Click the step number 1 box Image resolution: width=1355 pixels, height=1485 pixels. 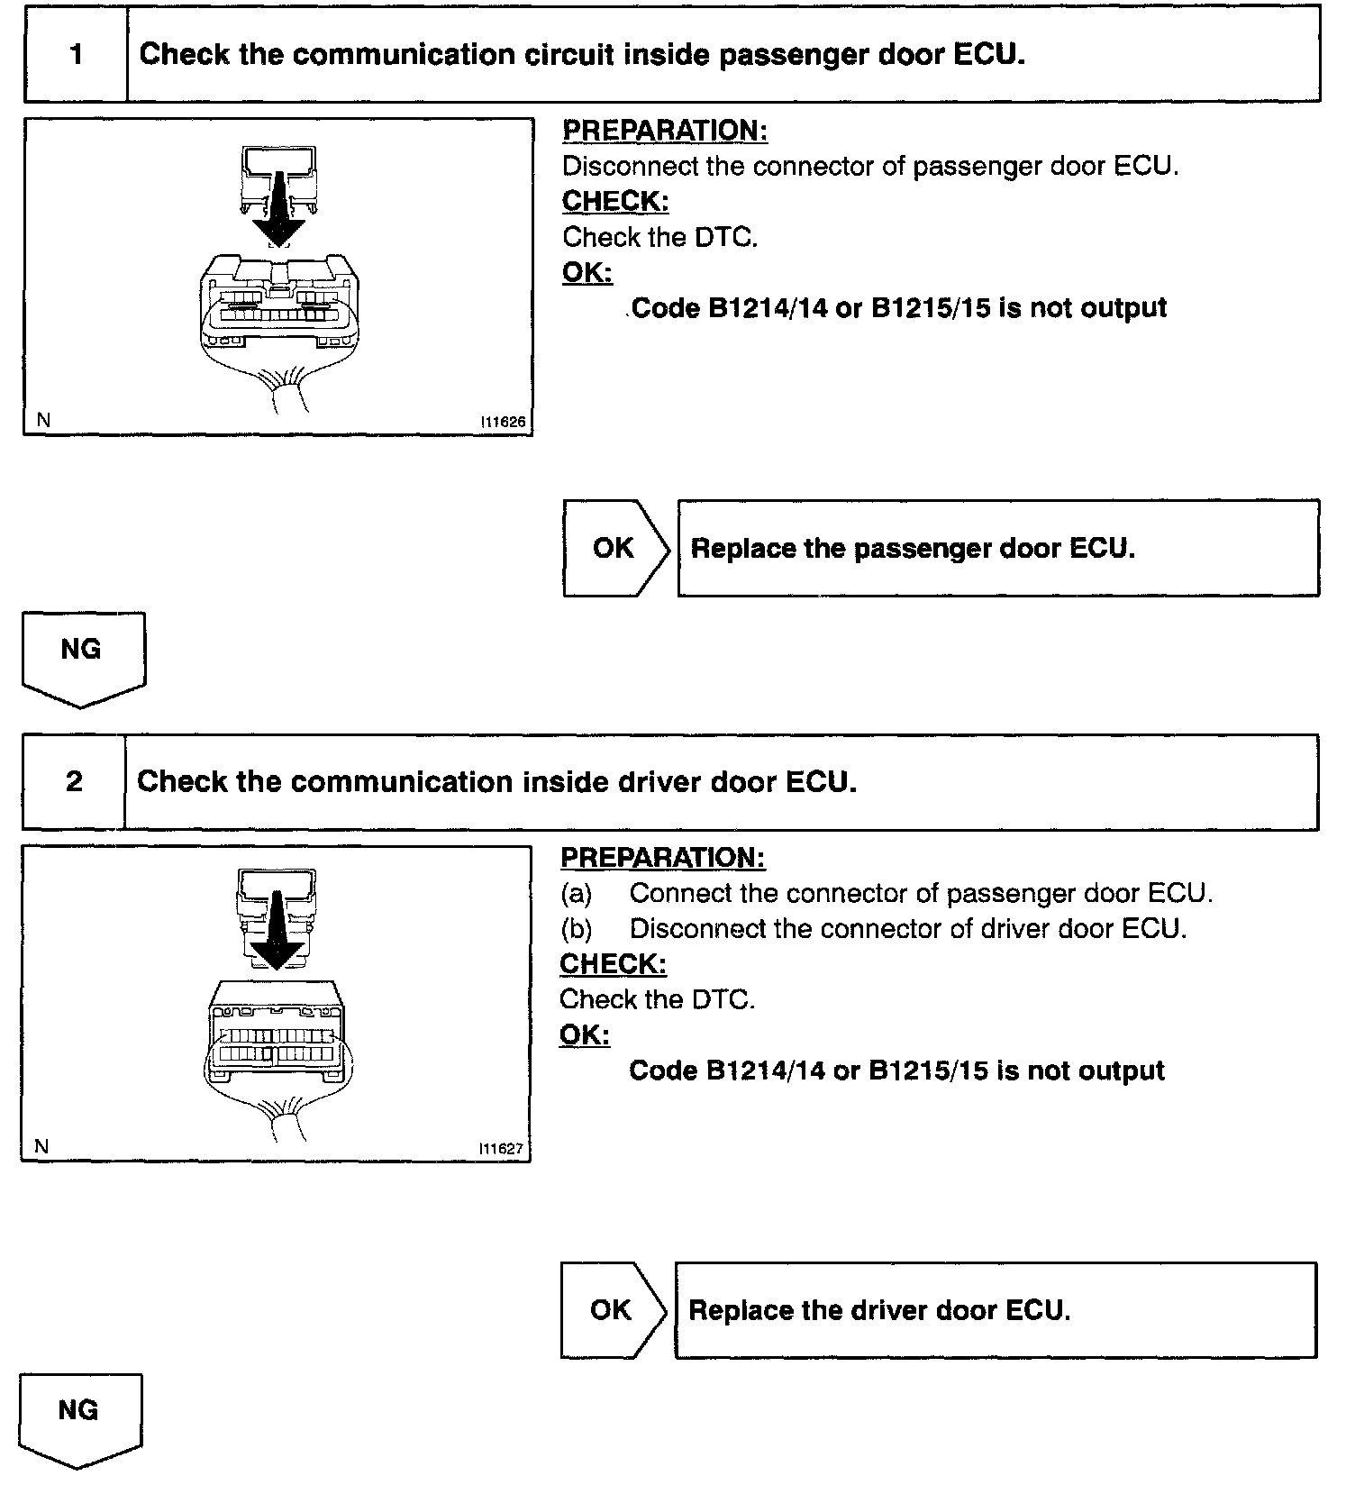77,55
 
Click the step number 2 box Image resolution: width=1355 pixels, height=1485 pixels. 74,781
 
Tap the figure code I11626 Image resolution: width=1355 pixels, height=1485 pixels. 503,422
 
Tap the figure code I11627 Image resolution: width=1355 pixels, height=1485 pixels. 501,1149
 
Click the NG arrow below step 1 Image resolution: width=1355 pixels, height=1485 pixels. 82,656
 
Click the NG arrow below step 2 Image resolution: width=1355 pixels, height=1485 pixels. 79,1417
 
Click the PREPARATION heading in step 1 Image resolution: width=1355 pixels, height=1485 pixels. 665,131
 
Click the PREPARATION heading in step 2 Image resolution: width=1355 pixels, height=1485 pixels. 662,858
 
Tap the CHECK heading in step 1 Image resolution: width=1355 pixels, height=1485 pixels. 615,201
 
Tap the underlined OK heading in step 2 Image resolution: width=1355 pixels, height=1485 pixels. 585,1034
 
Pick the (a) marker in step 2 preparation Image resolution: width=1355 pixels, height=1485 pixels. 577,893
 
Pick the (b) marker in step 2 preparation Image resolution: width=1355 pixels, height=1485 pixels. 577,928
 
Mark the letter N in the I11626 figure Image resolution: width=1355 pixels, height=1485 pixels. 43,420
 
